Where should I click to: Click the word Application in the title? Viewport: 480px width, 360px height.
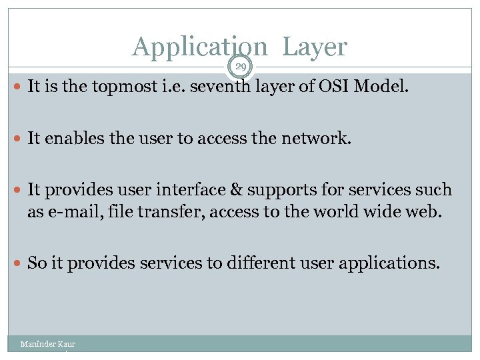tap(199, 47)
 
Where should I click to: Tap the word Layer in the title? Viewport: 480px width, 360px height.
tap(315, 47)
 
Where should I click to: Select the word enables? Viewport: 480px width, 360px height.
tap(71, 139)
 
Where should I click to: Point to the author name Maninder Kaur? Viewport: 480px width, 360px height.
tap(48, 344)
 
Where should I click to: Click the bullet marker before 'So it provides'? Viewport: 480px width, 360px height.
tap(19, 263)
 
